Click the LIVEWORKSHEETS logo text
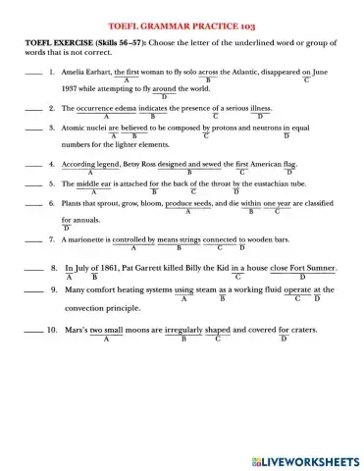tap(306, 459)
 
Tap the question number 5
tap(51, 183)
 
